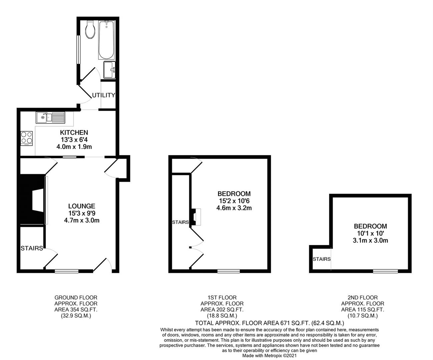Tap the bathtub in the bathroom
(107, 40)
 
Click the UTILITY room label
(103, 95)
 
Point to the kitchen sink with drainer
(51, 117)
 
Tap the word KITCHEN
(74, 133)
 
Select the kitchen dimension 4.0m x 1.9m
(74, 147)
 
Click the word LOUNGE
(82, 206)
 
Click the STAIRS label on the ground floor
(32, 248)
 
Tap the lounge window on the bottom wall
(67, 271)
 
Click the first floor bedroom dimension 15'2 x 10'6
(234, 201)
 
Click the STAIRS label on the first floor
(180, 222)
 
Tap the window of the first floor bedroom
(229, 271)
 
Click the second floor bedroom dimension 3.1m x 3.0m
(370, 240)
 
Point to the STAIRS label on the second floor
(322, 259)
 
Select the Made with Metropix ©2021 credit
(270, 356)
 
